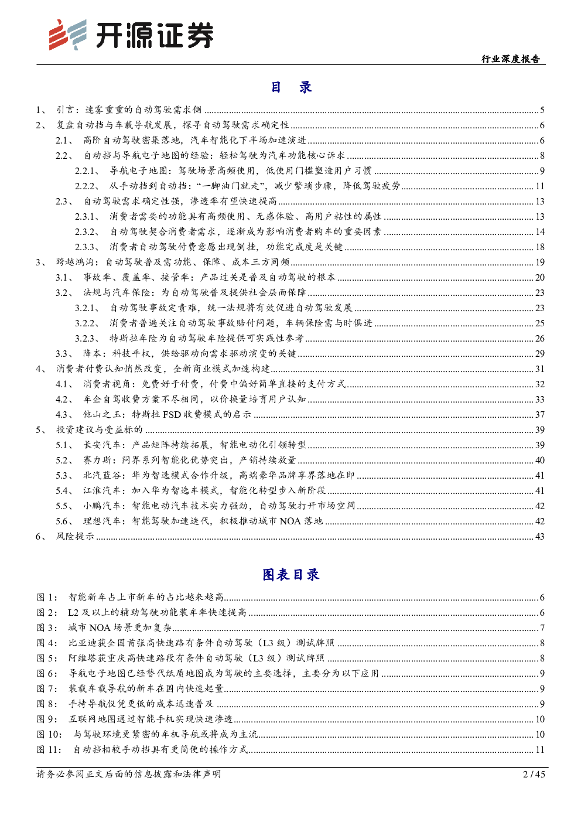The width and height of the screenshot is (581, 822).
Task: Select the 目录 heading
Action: [x=291, y=88]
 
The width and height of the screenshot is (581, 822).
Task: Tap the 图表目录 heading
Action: [x=290, y=575]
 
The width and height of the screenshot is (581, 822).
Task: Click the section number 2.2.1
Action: [x=87, y=170]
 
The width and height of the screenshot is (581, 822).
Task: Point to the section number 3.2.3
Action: [x=87, y=338]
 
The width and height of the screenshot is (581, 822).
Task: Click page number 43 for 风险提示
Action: [x=539, y=536]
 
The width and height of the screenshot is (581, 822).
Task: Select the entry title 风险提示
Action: [x=75, y=536]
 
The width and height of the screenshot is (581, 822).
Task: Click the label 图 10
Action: [x=49, y=734]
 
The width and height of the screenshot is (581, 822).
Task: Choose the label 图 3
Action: [x=46, y=627]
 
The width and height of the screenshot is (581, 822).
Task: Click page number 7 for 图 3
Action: [x=542, y=627]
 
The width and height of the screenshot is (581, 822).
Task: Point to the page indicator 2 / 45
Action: [x=533, y=774]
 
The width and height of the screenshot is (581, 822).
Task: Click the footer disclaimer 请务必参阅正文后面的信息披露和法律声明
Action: [x=129, y=774]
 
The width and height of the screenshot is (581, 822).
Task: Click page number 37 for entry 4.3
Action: [x=539, y=414]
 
